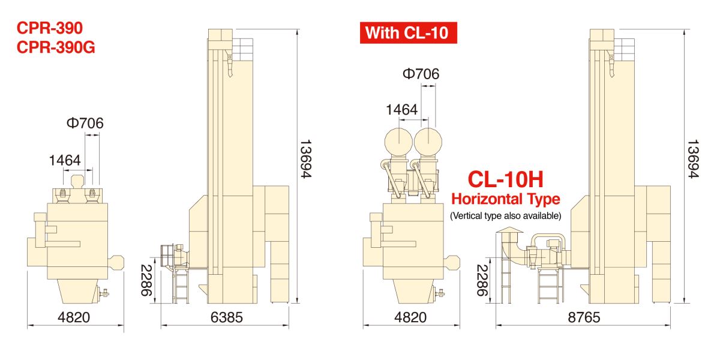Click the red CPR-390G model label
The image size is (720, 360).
[56, 47]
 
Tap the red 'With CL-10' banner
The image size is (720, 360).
[408, 33]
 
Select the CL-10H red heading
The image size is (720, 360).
[505, 179]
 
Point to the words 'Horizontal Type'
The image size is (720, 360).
[506, 199]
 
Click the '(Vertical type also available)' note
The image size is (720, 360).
[506, 215]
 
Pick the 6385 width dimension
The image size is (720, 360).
[227, 317]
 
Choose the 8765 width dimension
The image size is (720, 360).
[584, 317]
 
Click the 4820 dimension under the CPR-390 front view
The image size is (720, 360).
[74, 317]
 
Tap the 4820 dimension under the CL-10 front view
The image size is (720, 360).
[410, 317]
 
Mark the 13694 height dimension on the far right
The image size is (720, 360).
[693, 159]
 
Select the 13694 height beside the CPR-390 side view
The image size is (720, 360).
[305, 159]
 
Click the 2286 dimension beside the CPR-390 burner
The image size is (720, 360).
[146, 280]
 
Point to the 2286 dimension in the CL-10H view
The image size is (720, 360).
[482, 280]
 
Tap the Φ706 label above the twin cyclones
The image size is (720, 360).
[421, 74]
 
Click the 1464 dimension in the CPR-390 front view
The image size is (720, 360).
[65, 160]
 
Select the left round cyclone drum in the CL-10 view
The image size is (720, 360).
[398, 142]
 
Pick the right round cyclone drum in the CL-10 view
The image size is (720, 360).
[428, 142]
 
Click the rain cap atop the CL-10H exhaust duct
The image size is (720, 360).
[509, 230]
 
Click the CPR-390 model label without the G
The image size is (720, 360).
[49, 28]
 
